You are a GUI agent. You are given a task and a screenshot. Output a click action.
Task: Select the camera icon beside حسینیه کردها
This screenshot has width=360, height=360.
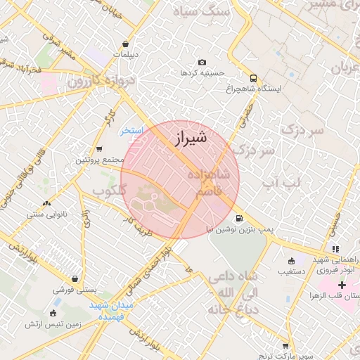[202, 63]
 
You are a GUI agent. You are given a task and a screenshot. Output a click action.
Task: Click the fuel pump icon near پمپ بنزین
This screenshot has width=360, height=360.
[240, 219]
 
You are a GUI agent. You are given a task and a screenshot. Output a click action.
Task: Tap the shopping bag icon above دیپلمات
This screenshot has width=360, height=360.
[124, 44]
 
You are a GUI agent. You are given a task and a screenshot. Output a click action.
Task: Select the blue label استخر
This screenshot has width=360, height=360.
[131, 131]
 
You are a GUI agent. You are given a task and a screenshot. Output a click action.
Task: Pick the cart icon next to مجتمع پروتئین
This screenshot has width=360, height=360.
[99, 149]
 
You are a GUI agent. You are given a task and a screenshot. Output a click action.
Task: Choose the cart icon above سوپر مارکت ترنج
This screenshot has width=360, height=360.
[285, 346]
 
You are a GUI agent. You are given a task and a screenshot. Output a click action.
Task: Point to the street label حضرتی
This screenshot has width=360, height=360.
[245, 115]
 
